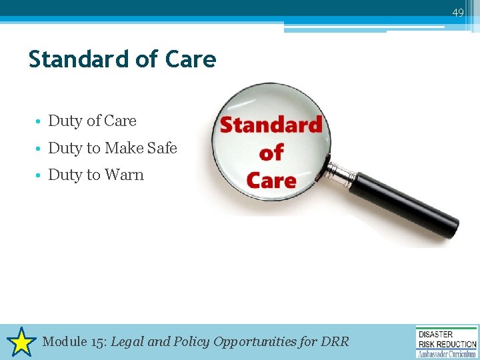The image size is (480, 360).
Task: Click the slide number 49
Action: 457,13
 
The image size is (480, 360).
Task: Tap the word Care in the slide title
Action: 191,59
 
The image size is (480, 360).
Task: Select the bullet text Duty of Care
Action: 92,121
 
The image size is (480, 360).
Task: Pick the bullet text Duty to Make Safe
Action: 113,148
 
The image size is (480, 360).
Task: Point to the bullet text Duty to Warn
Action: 96,175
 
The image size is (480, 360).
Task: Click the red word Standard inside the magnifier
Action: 271,125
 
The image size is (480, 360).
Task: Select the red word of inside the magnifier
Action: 271,153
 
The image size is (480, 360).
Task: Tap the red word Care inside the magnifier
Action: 271,180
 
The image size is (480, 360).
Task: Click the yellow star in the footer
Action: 22,342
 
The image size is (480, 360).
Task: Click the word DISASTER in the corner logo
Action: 435,334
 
